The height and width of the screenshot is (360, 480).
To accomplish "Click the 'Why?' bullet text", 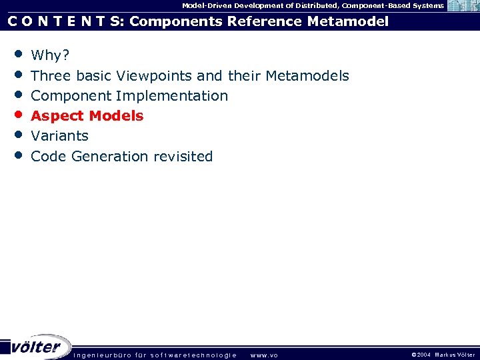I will [49, 55].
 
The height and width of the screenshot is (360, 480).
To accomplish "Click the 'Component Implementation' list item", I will [129, 96].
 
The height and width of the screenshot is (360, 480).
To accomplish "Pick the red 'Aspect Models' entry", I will [87, 116].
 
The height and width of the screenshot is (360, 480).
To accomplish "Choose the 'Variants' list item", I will [59, 136].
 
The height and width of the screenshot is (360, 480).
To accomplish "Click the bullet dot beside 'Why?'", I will [17, 53].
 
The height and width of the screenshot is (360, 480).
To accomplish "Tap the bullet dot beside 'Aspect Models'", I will [17, 114].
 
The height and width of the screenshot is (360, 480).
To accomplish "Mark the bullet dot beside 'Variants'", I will [17, 134].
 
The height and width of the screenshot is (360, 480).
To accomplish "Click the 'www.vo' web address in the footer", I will [263, 355].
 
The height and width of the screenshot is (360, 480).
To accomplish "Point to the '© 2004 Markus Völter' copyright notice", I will [443, 355].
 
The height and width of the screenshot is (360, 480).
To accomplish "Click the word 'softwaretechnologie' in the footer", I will [193, 355].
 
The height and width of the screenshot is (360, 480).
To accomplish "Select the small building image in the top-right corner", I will [463, 6].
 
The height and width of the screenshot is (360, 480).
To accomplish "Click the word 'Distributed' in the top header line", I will [313, 5].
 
